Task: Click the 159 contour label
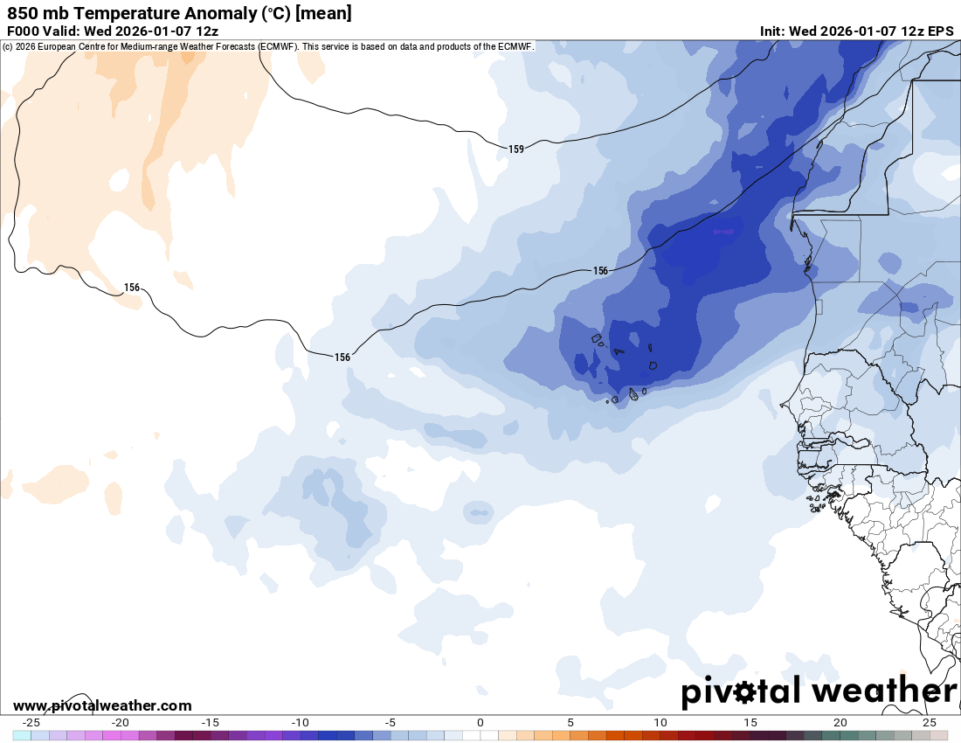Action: click(516, 149)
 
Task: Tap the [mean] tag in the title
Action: click(324, 13)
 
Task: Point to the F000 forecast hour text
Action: click(23, 31)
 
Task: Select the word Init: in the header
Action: click(772, 31)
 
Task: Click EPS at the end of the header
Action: click(940, 31)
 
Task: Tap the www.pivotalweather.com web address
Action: click(102, 705)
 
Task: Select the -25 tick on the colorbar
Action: click(31, 722)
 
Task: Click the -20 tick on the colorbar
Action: click(121, 722)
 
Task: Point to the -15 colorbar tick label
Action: click(211, 722)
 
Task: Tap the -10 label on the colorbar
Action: click(301, 722)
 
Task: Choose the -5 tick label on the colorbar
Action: click(391, 722)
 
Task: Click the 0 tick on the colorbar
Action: click(480, 722)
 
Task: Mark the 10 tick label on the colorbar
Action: click(660, 722)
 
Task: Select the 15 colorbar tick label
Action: click(750, 722)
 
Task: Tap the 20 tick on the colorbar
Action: click(840, 722)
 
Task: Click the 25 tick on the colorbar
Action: click(930, 722)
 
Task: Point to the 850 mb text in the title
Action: click(34, 13)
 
